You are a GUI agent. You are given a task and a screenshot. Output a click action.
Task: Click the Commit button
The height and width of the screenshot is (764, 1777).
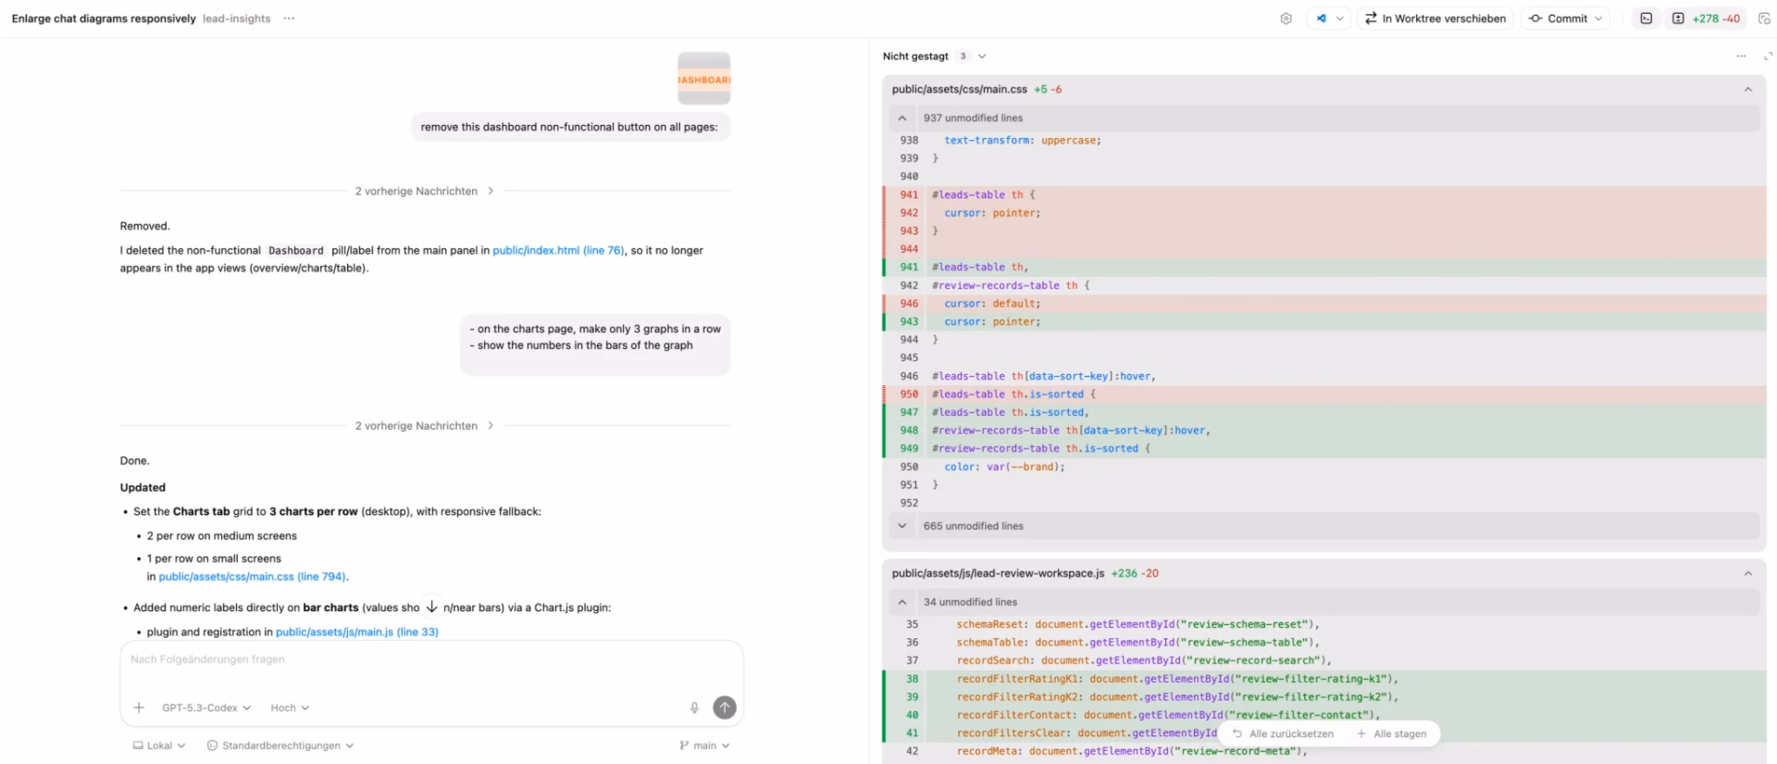coord(1564,19)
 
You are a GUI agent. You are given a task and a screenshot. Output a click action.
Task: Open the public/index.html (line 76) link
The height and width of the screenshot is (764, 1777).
coord(558,250)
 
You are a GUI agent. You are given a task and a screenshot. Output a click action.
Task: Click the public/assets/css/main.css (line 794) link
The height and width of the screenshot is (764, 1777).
coord(253,576)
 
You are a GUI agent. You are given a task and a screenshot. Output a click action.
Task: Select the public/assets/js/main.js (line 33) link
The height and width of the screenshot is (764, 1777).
coord(357,632)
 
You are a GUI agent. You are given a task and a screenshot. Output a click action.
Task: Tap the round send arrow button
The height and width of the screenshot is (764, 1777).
coord(725,708)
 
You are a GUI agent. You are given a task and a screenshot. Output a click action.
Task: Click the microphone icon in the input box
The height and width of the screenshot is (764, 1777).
coord(694,708)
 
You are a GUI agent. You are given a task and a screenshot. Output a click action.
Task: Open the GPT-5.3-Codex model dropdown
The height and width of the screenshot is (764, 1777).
coord(206,708)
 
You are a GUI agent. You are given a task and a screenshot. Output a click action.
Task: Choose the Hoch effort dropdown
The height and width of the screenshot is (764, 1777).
coord(290,708)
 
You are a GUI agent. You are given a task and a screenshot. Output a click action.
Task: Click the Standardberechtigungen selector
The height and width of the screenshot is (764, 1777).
coord(280,745)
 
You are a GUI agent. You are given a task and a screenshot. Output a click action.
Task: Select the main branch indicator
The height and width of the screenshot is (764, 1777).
coord(704,745)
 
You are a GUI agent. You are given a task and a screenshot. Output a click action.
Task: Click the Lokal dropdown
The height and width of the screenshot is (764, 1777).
coord(159,745)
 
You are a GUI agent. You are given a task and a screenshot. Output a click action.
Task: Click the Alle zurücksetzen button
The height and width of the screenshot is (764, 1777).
coord(1283,733)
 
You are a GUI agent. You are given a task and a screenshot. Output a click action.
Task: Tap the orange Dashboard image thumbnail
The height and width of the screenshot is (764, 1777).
coord(704,79)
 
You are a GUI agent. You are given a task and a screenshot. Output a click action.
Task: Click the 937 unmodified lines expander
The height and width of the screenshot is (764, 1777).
coord(973,119)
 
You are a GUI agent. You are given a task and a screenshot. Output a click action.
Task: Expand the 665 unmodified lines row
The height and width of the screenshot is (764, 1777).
coord(973,526)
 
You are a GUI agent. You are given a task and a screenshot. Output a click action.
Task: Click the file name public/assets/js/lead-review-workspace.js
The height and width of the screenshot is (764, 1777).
coord(998,573)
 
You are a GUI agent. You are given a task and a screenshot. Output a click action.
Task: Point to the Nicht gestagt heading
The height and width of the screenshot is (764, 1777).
coord(915,56)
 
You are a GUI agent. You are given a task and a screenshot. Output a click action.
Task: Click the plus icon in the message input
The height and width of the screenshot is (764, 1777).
coord(139,708)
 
